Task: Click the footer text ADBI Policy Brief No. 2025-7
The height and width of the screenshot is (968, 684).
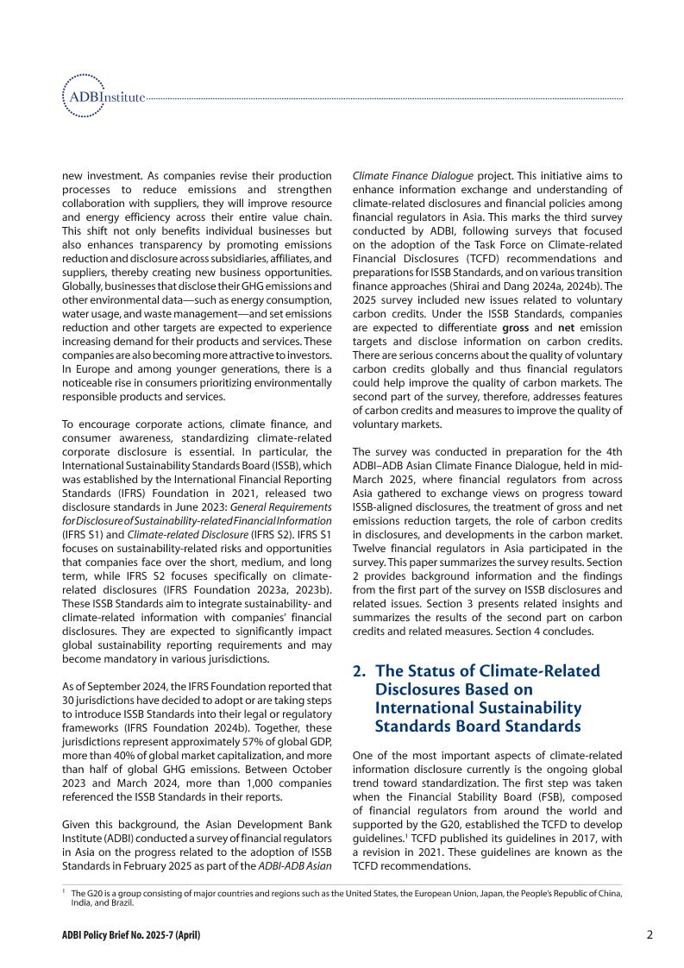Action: (130, 936)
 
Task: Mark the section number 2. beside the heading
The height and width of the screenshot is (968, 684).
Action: (360, 670)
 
